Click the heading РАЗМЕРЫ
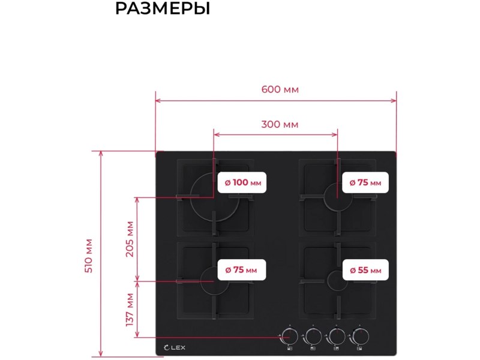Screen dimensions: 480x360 pos(163,8)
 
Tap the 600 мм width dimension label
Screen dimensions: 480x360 pos(280,89)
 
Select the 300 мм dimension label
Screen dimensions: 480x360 pos(280,125)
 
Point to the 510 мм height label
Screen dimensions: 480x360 pos(89,256)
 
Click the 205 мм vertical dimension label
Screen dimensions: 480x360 pos(130,239)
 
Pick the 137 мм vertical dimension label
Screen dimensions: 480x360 pos(130,310)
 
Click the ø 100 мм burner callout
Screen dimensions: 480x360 pos(242,182)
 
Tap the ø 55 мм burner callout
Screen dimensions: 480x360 pos(365,270)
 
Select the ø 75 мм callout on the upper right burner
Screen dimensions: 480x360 pos(365,182)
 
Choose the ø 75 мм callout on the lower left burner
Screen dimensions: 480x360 pos(242,269)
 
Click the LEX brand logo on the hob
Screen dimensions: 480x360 pos(175,347)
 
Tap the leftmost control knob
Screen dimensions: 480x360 pos(290,337)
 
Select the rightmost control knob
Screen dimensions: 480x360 pos(360,337)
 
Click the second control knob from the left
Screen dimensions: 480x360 pos(313,337)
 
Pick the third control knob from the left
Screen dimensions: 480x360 pos(337,337)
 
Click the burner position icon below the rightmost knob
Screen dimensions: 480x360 pos(359,349)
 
